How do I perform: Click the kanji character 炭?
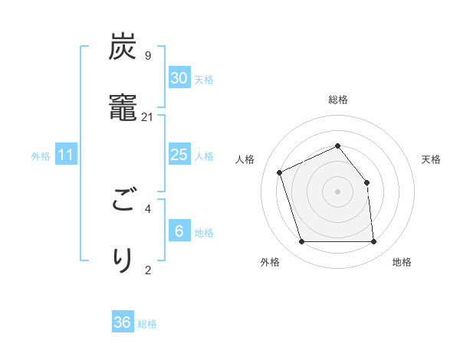[123, 47]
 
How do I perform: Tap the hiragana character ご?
[123, 201]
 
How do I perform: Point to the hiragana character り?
[123, 260]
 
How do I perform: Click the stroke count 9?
[147, 56]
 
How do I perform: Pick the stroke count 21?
[147, 117]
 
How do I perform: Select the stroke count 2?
[147, 269]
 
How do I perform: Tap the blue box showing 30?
[179, 77]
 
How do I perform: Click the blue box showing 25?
[179, 155]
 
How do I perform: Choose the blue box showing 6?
[179, 231]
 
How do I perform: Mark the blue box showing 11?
[66, 155]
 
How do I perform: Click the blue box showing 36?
[123, 322]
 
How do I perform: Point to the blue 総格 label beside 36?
[147, 324]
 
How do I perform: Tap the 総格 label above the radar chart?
[338, 100]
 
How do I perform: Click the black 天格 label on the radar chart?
[431, 159]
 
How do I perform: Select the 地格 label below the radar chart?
[402, 262]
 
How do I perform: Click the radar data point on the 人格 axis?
[281, 172]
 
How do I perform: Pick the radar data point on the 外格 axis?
[301, 242]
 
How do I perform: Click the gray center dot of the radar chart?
[337, 191]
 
